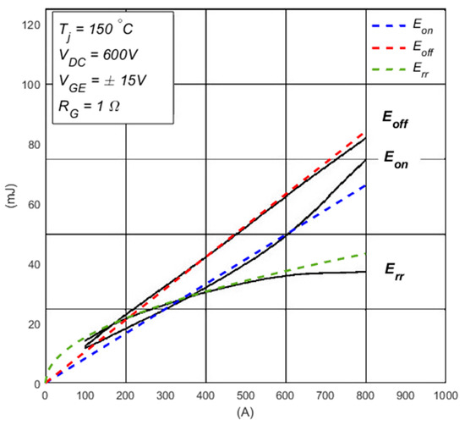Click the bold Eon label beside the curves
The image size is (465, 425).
[397, 158]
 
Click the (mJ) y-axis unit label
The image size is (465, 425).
[9, 204]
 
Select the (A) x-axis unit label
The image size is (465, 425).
[245, 412]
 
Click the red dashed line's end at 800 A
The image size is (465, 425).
[365, 134]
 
